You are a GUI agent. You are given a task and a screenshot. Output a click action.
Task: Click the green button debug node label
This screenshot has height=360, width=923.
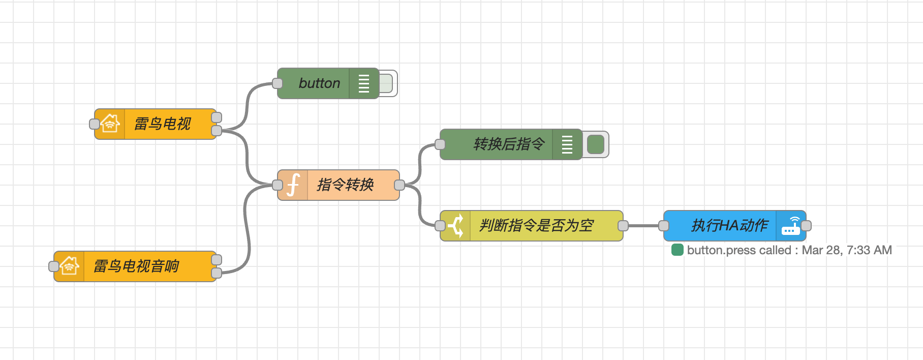(x=319, y=83)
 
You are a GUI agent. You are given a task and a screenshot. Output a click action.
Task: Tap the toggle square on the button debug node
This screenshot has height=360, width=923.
(x=386, y=83)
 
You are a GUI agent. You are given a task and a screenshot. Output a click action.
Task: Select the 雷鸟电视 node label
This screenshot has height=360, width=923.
(x=163, y=124)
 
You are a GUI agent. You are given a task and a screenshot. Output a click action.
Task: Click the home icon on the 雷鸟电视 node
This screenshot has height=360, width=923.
(x=110, y=124)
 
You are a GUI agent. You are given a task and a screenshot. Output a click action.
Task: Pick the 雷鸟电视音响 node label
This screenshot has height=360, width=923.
(x=136, y=266)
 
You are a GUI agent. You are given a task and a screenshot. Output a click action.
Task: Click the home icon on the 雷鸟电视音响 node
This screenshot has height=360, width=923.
(x=69, y=266)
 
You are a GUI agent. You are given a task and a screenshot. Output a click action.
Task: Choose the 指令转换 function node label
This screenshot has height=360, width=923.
(x=346, y=185)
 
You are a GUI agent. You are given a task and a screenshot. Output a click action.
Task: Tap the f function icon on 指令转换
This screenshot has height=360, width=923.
(x=293, y=185)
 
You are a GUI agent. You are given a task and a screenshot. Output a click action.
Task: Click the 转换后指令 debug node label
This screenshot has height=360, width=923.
(x=508, y=144)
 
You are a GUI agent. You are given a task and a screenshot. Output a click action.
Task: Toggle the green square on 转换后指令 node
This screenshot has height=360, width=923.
(x=595, y=144)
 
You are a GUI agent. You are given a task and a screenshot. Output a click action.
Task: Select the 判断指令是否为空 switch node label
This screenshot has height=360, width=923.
(x=536, y=226)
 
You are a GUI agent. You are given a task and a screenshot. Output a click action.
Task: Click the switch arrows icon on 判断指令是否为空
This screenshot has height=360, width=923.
(x=456, y=226)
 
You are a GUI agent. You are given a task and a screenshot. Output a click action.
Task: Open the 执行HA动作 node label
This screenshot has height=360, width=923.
(x=729, y=226)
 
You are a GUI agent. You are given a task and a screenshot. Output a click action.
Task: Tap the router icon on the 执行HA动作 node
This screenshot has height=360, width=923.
(x=791, y=226)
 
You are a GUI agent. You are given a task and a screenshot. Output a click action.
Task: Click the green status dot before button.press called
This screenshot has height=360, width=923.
(x=677, y=250)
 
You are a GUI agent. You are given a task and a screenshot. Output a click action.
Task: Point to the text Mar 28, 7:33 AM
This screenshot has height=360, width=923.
(x=847, y=250)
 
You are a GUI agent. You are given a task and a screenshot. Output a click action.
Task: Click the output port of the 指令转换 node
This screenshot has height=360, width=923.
(x=399, y=185)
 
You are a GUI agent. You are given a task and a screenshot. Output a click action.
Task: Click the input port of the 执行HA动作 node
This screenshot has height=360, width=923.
(x=664, y=226)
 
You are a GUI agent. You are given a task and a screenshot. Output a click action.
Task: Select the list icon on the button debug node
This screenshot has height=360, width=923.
(x=364, y=83)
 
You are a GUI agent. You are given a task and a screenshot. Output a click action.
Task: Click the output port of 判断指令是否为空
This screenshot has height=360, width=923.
(x=623, y=226)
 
